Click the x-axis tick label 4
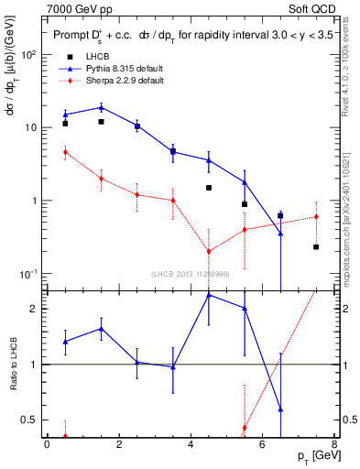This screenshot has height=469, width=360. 191,445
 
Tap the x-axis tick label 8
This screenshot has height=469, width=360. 334,445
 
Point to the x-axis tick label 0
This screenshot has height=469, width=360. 47,445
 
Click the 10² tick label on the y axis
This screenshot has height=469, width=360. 29,54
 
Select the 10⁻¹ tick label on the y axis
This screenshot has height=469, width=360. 29,274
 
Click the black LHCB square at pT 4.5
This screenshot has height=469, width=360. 209,188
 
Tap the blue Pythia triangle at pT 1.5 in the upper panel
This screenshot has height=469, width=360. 101,107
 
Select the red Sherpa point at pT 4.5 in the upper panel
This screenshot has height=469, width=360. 209,251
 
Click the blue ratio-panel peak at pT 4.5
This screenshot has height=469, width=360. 209,295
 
